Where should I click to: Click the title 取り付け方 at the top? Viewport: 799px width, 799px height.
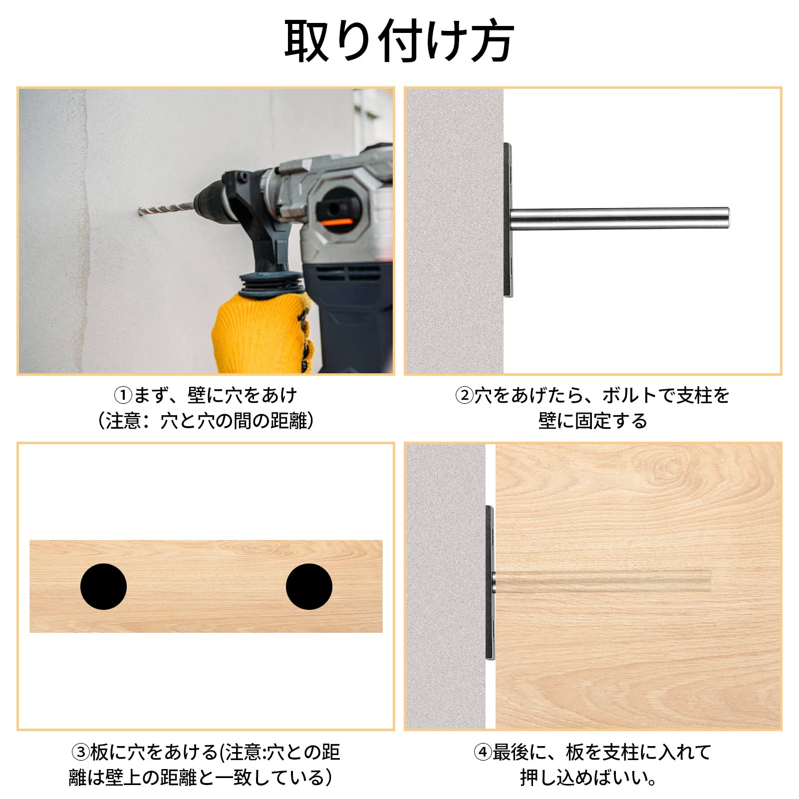point(399,41)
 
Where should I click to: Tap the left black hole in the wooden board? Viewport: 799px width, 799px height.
point(103,586)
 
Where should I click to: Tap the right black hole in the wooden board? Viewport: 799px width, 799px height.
point(309,586)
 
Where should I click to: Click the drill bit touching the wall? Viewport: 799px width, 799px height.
point(165,208)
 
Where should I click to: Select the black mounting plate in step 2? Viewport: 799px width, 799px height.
point(508,220)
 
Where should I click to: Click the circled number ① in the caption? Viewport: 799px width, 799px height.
point(123,396)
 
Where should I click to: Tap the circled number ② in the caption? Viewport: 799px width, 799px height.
point(464,396)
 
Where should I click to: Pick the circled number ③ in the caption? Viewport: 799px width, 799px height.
point(80,752)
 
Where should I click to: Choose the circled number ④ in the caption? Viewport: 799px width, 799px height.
point(483,752)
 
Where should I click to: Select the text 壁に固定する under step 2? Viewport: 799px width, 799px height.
point(593,421)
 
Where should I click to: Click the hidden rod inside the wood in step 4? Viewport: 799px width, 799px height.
point(602,581)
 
